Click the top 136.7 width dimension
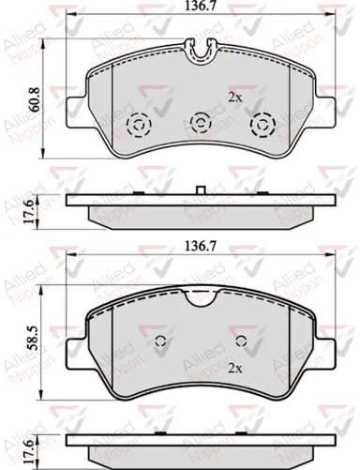(201, 6)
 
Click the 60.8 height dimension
(34, 99)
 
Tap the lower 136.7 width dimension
(201, 247)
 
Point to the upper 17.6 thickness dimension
(29, 211)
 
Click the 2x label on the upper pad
(235, 98)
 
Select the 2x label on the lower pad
(235, 369)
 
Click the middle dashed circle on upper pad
(201, 122)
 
